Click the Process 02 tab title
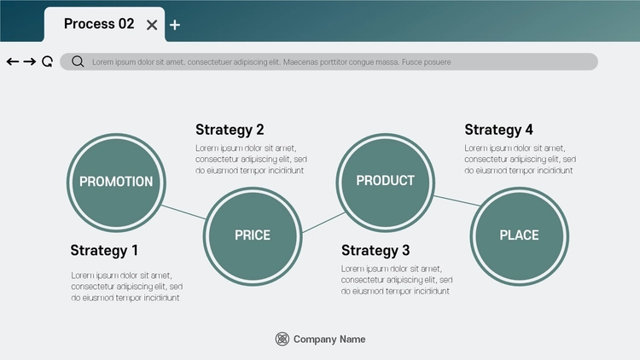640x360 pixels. [99, 24]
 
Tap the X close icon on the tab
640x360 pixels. [152, 26]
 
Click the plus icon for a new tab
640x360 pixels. [175, 26]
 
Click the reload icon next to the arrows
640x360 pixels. [47, 61]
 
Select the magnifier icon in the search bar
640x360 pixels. [78, 61]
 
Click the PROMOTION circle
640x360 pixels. [116, 183]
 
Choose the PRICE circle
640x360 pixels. [253, 236]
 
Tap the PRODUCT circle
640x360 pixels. [386, 183]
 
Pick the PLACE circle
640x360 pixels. [519, 236]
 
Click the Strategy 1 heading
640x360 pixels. [104, 250]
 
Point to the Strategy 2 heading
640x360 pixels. [230, 130]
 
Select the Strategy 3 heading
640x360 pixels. [375, 250]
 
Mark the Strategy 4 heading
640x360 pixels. [499, 130]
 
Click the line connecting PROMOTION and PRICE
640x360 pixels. [183, 212]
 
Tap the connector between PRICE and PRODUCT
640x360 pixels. [323, 223]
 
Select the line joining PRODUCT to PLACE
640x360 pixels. [457, 200]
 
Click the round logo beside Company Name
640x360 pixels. [282, 339]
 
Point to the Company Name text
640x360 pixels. [329, 340]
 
